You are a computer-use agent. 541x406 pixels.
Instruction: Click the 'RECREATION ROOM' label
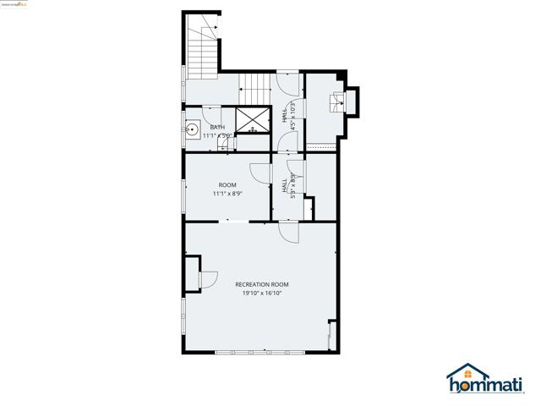coord(262,284)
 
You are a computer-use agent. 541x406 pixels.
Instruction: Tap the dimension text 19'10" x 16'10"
coord(262,294)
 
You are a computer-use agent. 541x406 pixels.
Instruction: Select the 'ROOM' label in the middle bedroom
coord(227,184)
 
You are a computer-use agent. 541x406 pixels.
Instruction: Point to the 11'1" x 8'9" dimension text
coord(227,194)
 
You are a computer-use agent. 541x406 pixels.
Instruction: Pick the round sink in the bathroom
coord(193,130)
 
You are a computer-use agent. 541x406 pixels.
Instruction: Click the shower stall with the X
coord(251,121)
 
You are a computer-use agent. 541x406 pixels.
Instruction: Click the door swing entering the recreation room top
coord(287,232)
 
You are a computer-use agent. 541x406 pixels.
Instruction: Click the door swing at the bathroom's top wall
coord(212,115)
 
